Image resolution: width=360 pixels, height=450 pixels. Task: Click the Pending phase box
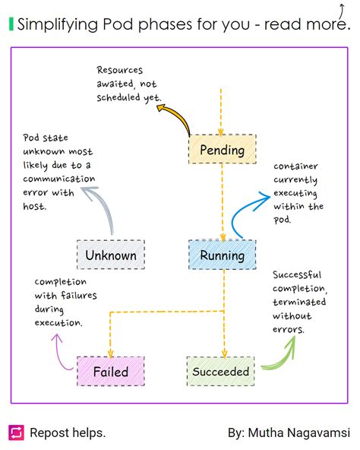[x=222, y=150]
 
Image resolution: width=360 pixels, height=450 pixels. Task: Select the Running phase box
[x=222, y=255]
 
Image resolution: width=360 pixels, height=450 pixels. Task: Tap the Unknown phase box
[x=111, y=255]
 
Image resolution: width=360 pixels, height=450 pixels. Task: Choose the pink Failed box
[x=111, y=372]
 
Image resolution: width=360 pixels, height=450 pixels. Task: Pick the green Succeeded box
[x=220, y=372]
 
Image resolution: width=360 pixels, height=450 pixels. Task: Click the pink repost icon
[x=16, y=433]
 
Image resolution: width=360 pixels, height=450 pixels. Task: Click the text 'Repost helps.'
[x=68, y=433]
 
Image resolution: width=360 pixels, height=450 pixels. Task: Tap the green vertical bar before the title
[x=11, y=24]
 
